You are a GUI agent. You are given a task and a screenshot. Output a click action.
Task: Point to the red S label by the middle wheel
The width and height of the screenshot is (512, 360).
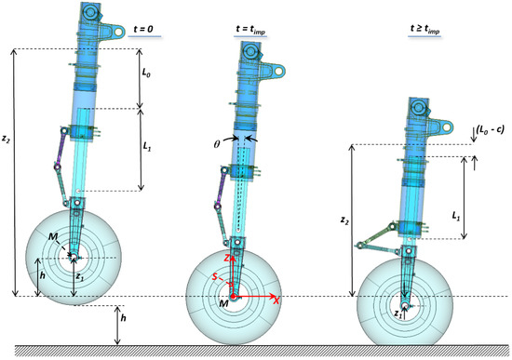[216, 276]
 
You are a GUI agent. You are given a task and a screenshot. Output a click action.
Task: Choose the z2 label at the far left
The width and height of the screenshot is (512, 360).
[7, 140]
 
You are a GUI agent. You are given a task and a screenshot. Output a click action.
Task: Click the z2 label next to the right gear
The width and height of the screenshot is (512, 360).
[344, 221]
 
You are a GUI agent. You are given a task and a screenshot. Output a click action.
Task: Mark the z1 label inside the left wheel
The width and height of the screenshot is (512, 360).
[79, 276]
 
